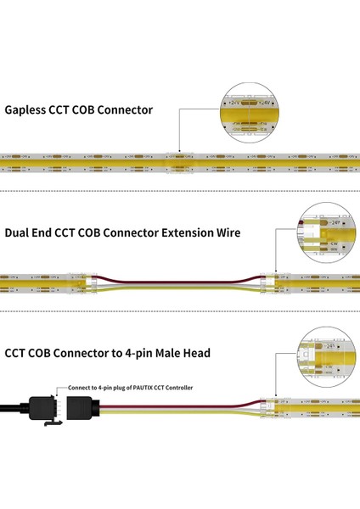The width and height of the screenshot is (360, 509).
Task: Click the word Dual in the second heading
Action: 19,232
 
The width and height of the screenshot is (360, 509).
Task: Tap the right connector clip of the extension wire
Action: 270,277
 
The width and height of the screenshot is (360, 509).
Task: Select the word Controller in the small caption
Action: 180,387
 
